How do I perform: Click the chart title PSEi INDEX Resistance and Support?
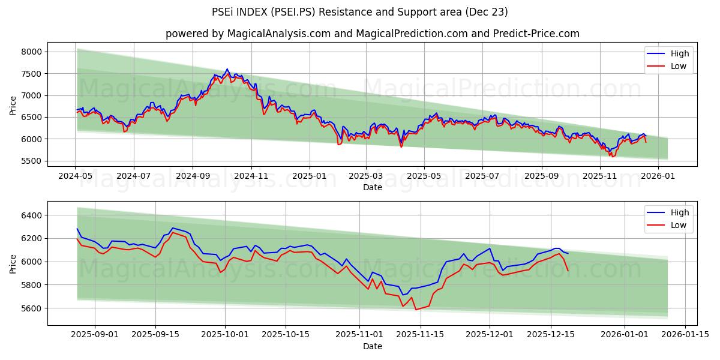[360, 12]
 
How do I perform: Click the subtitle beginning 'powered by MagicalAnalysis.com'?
[373, 34]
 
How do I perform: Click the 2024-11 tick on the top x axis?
[251, 177]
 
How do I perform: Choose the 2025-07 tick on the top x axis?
[482, 177]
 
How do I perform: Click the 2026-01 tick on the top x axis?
[658, 177]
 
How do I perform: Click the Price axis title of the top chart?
[13, 106]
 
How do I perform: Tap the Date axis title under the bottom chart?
[373, 346]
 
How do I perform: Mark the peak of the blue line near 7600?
[227, 69]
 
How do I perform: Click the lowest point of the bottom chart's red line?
[416, 310]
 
